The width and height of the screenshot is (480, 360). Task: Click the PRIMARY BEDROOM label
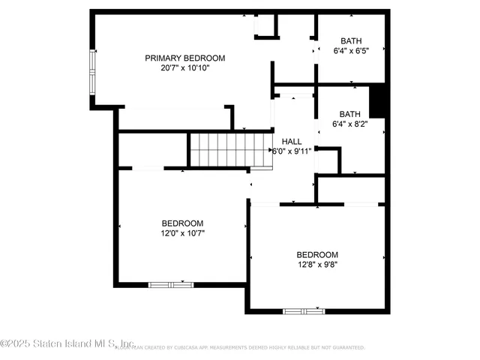pos(184,58)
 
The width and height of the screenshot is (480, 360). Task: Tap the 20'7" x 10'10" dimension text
pos(184,67)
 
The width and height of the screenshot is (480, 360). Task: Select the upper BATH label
pos(351,41)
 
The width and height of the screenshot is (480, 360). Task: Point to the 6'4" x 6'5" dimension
pos(351,52)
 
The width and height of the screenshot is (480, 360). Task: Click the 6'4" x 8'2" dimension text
pos(349,124)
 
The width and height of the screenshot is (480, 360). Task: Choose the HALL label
pos(292,141)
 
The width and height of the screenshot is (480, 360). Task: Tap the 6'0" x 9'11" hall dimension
pos(291,151)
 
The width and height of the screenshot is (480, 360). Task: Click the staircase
pos(229,148)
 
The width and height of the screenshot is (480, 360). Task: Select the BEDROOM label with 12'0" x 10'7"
pos(182,223)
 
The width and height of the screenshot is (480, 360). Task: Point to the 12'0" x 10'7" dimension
pos(182,233)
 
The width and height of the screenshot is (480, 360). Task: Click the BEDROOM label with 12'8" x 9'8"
pos(316,254)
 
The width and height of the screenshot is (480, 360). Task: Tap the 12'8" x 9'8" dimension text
pos(316,264)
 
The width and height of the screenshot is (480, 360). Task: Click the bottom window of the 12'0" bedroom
pos(170,285)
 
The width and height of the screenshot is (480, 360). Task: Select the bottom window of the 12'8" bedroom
pos(303,310)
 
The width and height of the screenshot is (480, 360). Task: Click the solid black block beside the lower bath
pos(379,101)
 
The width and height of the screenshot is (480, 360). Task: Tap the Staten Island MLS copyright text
pos(67,344)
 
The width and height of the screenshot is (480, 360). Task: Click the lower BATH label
pos(349,114)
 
